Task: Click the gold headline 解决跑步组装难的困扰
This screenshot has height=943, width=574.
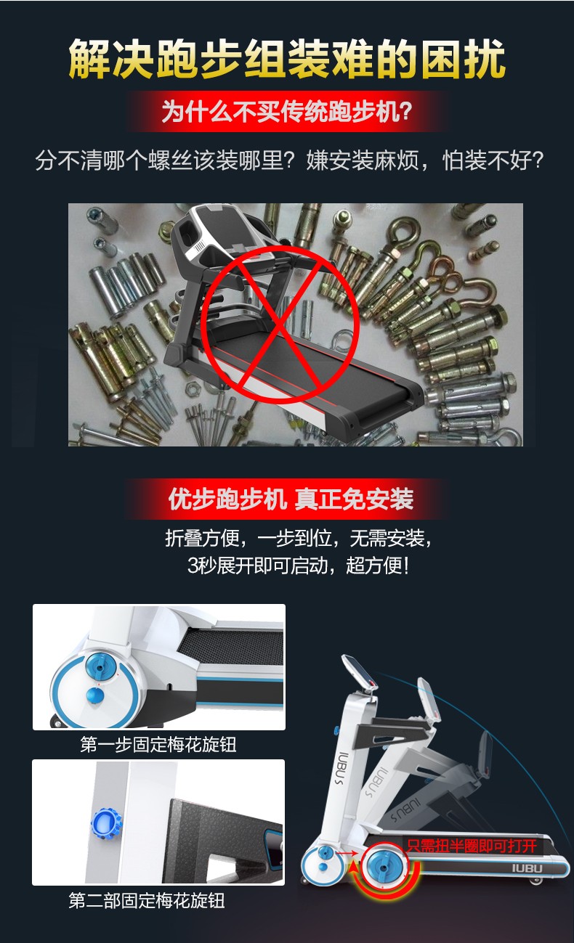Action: pyautogui.click(x=287, y=59)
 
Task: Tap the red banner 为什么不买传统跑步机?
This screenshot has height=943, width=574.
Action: pyautogui.click(x=287, y=112)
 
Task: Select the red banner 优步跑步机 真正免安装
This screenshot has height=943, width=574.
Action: pyautogui.click(x=291, y=499)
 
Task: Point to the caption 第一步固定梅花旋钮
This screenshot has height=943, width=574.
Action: pyautogui.click(x=158, y=745)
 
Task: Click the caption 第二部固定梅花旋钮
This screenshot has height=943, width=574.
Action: pyautogui.click(x=147, y=900)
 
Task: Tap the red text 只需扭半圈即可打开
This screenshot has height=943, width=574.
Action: pyautogui.click(x=472, y=846)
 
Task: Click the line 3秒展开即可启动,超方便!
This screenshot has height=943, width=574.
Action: pyautogui.click(x=298, y=566)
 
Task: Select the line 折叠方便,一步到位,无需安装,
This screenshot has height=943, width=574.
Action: pyautogui.click(x=299, y=538)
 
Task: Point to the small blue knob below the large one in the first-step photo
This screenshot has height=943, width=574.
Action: pyautogui.click(x=95, y=696)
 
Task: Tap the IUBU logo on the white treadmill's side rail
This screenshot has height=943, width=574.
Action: pyautogui.click(x=527, y=868)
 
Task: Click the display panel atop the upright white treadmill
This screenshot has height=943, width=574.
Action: pyautogui.click(x=360, y=671)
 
